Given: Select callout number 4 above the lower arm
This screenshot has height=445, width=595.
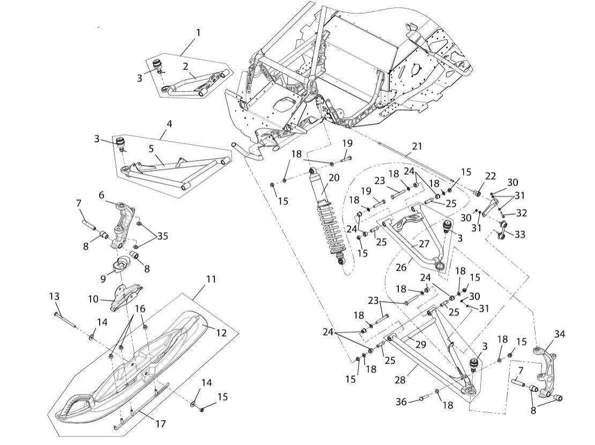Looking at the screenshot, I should point(169,124).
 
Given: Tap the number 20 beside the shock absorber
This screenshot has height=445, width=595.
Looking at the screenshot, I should point(334,178).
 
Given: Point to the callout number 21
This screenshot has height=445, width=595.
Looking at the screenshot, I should point(418,146).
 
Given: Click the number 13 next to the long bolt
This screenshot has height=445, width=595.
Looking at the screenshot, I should point(54,296).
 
